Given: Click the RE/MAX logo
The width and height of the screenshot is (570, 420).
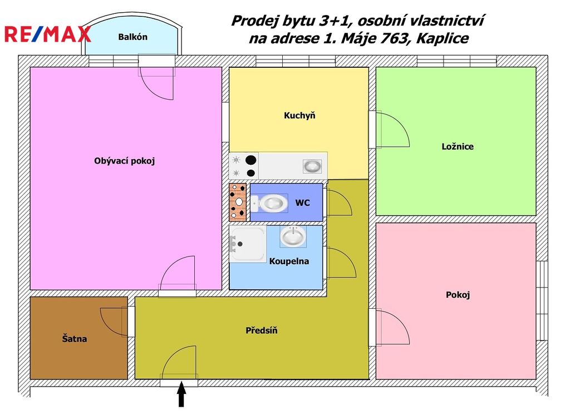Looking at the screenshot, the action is click(x=47, y=34).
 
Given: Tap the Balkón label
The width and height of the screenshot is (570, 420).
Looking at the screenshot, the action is click(x=132, y=37).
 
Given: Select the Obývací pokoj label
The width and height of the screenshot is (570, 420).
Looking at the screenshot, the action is click(x=124, y=161).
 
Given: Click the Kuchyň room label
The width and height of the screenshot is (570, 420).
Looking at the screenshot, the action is click(x=299, y=116).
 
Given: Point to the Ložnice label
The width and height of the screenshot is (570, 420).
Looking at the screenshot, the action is click(x=458, y=146).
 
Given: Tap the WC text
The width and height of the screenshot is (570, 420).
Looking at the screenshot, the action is click(x=302, y=202).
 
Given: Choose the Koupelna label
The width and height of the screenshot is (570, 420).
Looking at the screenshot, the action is click(x=289, y=261).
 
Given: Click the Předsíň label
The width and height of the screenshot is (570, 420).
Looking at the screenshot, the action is click(x=262, y=330).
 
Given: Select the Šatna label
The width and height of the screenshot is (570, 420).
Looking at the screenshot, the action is click(x=75, y=339).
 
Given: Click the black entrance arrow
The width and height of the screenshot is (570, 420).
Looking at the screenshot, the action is click(x=181, y=394).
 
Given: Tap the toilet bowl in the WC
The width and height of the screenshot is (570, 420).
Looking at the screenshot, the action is click(x=269, y=203).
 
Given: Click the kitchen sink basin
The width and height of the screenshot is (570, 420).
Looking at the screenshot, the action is click(x=312, y=166).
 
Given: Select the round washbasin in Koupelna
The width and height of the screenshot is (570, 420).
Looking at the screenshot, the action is click(x=293, y=236).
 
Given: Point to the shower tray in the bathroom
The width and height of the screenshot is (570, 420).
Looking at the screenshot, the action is click(x=248, y=244).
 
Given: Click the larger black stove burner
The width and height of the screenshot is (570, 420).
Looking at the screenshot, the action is click(x=251, y=160).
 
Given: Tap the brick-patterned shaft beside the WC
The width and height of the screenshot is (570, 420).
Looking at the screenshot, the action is click(x=238, y=202).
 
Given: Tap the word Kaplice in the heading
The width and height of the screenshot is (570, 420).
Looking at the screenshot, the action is click(x=443, y=38).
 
